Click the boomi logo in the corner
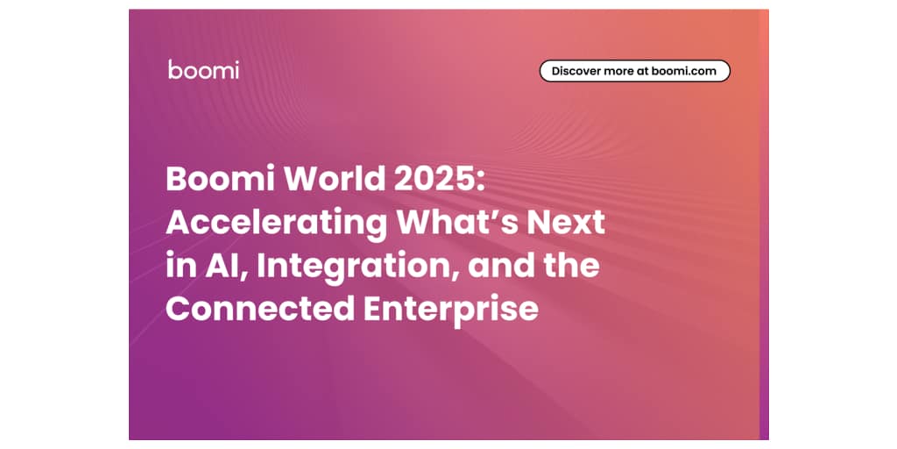pos(203,69)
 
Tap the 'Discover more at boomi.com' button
pos(635,71)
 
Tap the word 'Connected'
pos(260,309)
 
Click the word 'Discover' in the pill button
pos(577,71)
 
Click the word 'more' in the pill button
pos(620,72)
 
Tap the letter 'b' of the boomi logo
pos(174,69)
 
